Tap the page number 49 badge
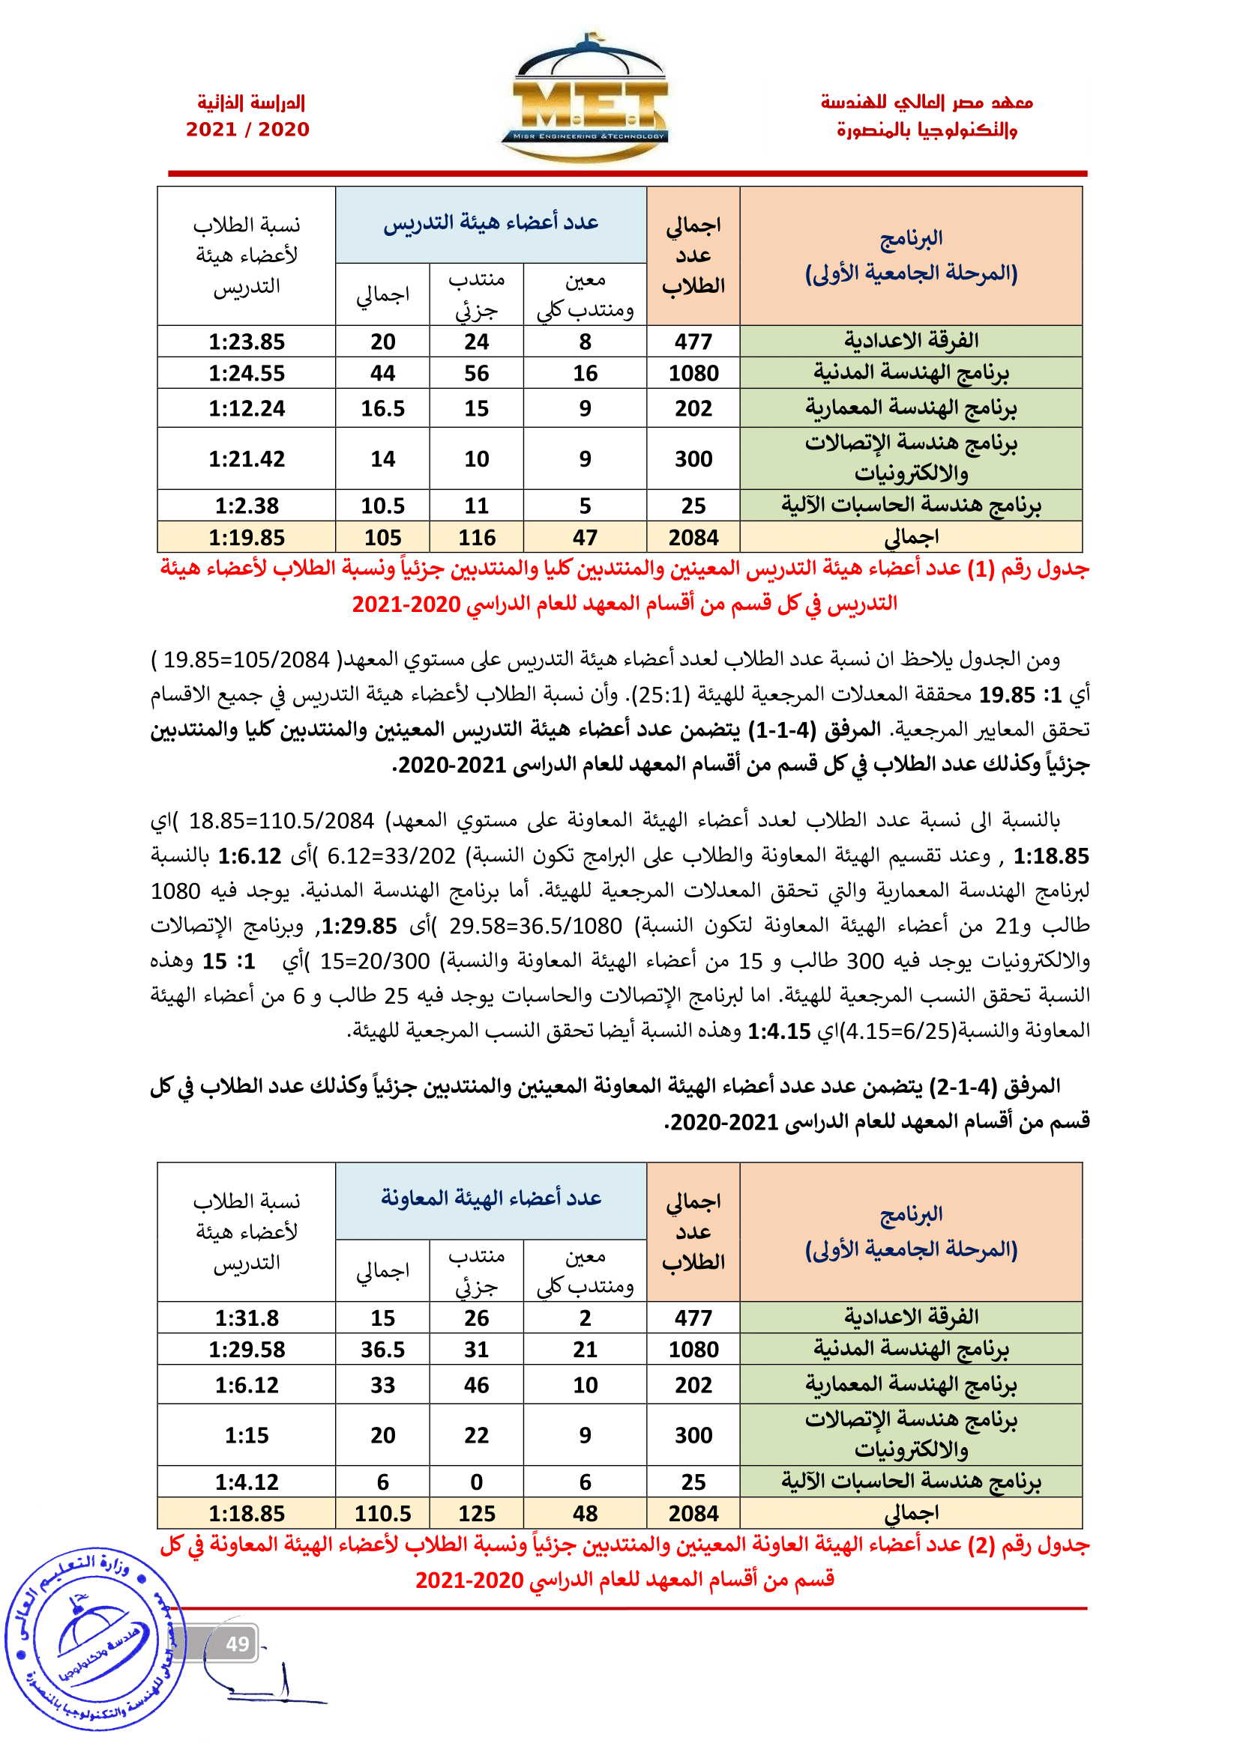point(237,1643)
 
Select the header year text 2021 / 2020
point(247,130)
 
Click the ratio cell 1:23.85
point(247,342)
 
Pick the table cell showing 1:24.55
point(247,373)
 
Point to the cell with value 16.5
point(382,408)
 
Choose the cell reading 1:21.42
point(247,458)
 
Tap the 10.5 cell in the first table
point(382,506)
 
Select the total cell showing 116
point(477,538)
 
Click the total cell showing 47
point(585,538)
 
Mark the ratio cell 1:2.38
point(247,506)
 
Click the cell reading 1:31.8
point(247,1318)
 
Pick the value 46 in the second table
point(477,1385)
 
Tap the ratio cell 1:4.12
point(247,1482)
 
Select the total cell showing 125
point(477,1514)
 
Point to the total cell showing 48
point(585,1514)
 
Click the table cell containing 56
point(477,373)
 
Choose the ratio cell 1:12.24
point(247,408)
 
